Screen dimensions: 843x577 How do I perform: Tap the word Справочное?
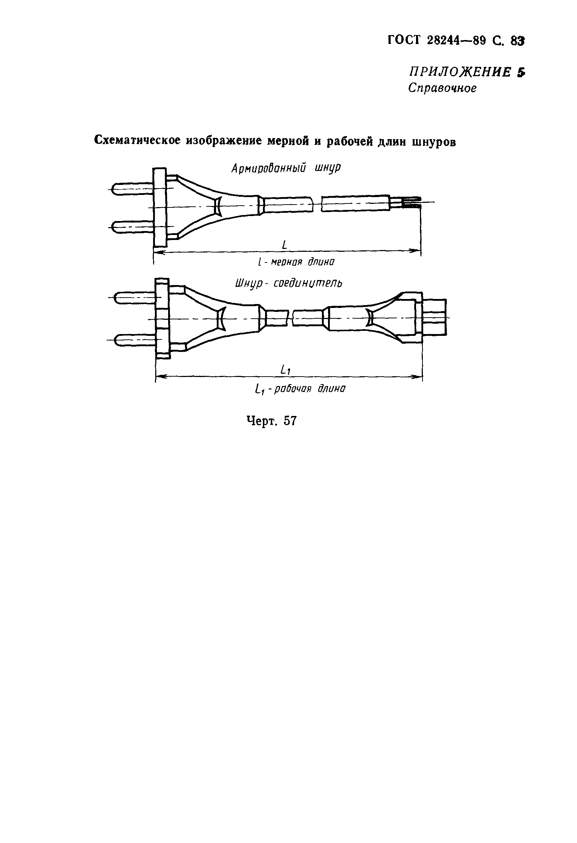click(442, 88)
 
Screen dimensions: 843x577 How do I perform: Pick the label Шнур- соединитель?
click(288, 283)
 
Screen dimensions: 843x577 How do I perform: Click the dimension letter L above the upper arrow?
click(284, 245)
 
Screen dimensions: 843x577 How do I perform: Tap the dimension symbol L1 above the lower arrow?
click(285, 370)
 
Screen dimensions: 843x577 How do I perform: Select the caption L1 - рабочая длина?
click(300, 389)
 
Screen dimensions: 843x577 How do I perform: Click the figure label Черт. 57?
click(272, 421)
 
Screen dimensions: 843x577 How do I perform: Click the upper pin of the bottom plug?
click(135, 298)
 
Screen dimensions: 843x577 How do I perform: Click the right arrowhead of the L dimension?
click(416, 250)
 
